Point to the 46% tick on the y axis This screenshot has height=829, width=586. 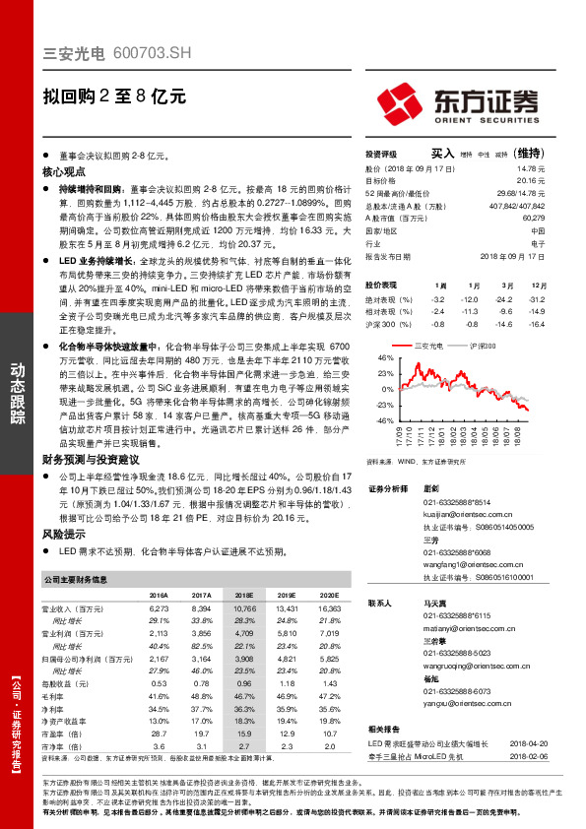pos(385,359)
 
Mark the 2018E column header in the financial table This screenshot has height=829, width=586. pos(243,596)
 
